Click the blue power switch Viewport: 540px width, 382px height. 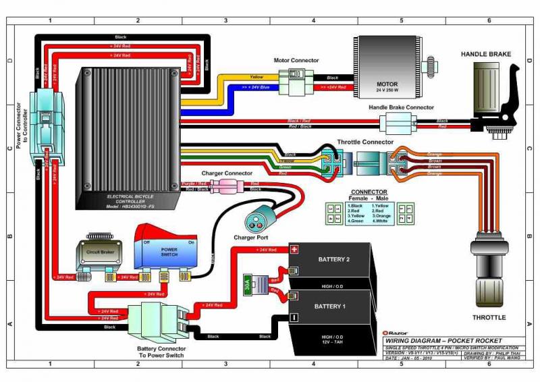169,250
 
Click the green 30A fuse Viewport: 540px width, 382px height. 248,285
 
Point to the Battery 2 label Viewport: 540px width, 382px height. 333,259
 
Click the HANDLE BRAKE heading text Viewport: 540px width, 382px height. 486,54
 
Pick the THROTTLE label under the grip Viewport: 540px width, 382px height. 489,317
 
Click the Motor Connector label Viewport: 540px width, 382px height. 296,60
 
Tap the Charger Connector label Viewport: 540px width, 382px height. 227,173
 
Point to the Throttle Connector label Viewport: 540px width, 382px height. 365,142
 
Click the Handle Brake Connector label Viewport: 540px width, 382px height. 401,107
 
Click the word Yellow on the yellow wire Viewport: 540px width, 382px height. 256,77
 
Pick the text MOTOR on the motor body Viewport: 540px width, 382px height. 387,84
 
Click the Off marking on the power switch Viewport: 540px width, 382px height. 146,242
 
